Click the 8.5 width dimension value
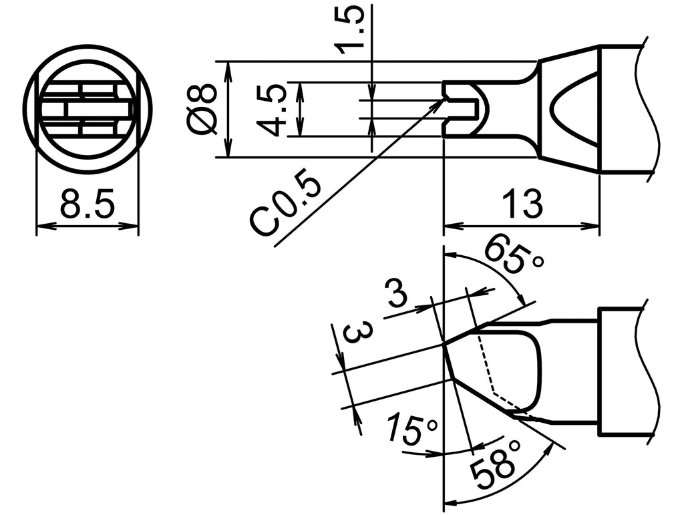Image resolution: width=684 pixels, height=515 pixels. pos(87,204)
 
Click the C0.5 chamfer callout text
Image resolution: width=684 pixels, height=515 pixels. pos(285,206)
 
